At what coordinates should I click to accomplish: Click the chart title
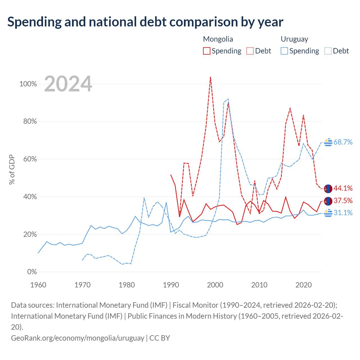click(145, 22)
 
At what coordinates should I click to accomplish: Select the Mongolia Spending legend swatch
click(206, 51)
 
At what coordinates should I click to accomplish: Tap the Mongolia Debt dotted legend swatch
click(250, 51)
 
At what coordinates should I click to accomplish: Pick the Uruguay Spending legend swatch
click(284, 51)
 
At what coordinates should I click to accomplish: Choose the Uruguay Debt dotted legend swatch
click(328, 51)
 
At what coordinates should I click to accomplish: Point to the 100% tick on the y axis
click(28, 84)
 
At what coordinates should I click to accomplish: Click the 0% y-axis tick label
click(32, 272)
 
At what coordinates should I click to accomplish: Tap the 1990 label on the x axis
click(171, 285)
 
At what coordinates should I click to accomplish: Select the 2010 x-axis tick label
click(259, 285)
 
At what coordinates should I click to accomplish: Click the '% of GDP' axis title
click(12, 169)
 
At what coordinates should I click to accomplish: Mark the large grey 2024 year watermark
click(68, 84)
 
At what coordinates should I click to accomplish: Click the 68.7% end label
click(343, 142)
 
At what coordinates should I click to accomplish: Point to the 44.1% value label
click(343, 188)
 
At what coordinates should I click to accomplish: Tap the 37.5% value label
click(343, 201)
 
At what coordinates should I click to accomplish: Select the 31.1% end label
click(343, 213)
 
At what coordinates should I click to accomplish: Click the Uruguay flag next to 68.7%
click(328, 143)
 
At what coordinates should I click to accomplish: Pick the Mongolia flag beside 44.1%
click(328, 189)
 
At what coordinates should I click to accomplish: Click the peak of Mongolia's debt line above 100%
click(211, 77)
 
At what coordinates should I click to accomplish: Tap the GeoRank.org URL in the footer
click(78, 338)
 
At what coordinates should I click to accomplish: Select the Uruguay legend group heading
click(294, 39)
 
